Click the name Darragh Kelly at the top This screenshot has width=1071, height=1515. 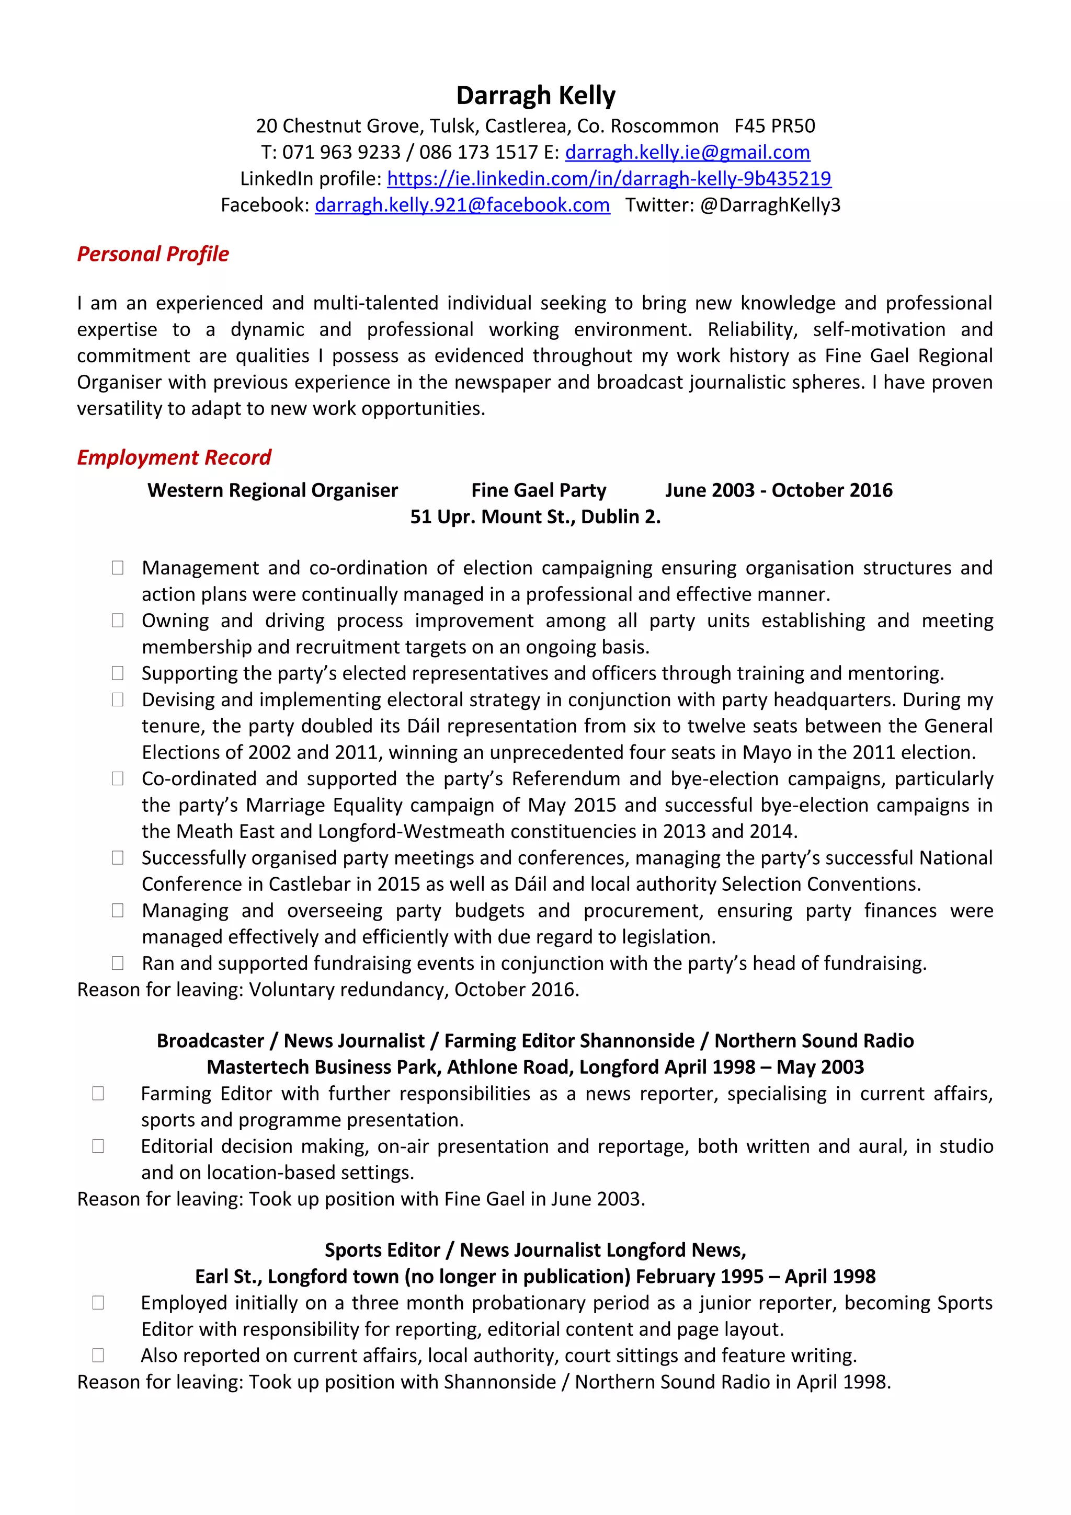[535, 96]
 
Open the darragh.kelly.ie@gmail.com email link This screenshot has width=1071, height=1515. [687, 153]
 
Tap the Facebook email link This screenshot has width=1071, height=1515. [462, 205]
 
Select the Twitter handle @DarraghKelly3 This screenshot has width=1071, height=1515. [769, 205]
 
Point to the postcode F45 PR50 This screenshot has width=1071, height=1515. [774, 126]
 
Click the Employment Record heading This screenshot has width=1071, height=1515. [174, 457]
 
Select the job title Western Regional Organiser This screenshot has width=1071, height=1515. [272, 490]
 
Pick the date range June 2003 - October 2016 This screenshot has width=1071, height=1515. [778, 490]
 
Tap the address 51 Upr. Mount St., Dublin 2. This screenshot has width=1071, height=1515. [535, 517]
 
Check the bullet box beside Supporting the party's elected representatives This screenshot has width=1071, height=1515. [118, 673]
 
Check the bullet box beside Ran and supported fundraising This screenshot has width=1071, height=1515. [118, 963]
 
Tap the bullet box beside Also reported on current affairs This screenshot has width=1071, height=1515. [98, 1356]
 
